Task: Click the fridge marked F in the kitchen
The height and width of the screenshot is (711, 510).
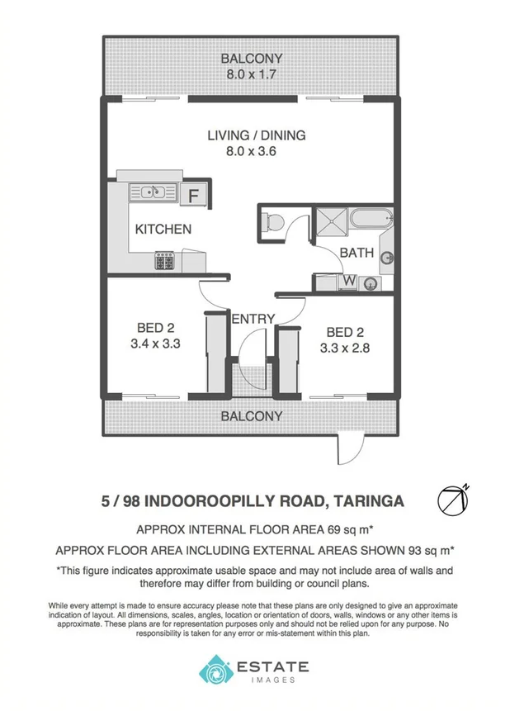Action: click(x=194, y=196)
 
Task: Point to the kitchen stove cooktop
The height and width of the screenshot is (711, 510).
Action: click(x=163, y=262)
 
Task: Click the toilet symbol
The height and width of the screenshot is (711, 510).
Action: click(x=272, y=222)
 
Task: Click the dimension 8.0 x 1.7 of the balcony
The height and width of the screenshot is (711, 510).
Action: click(x=251, y=74)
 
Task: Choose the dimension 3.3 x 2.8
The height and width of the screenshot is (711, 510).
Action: click(x=344, y=348)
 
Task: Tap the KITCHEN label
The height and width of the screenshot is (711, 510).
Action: click(x=163, y=229)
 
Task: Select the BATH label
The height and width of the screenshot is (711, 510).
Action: click(x=357, y=253)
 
